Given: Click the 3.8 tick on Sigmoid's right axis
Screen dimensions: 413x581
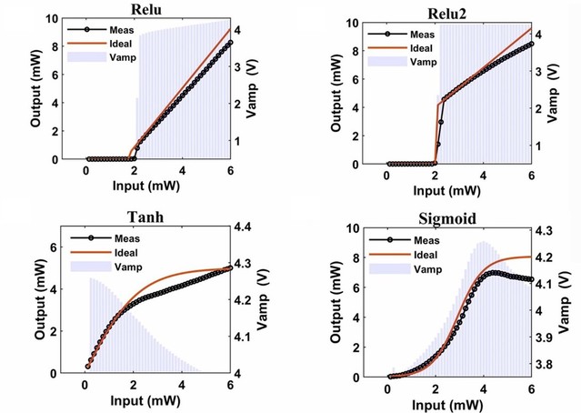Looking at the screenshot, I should tap(549, 365).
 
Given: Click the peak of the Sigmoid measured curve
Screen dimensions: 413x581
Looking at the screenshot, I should tap(494, 272).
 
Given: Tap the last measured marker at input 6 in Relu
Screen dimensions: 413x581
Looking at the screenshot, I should tap(230, 43).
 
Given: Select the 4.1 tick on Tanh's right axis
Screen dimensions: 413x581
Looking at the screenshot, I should tap(246, 337).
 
